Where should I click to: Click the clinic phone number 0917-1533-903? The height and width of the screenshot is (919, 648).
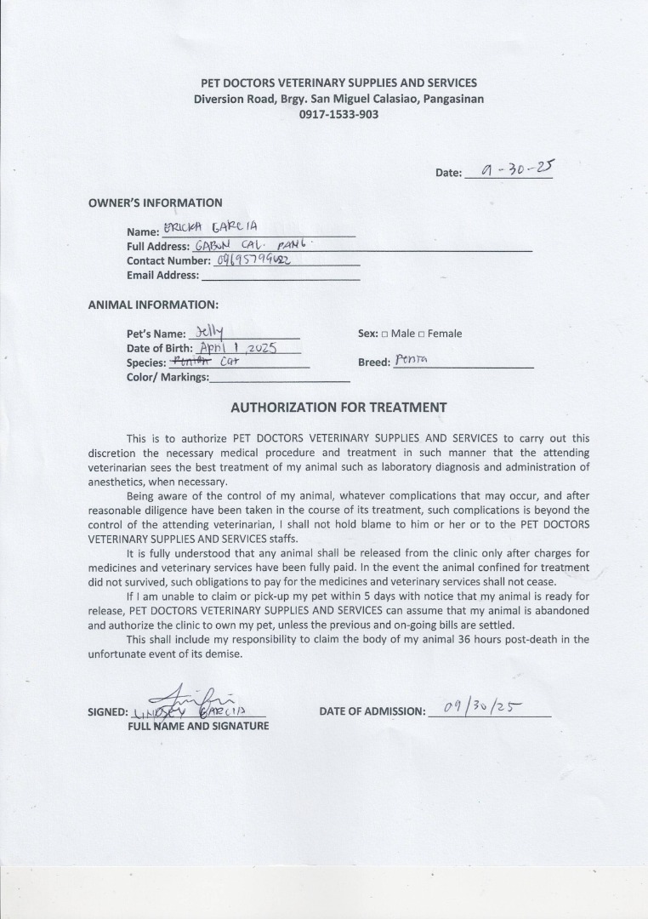(338, 114)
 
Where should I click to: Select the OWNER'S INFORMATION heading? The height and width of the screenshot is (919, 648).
(155, 203)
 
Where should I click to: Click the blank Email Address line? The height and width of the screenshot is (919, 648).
(280, 276)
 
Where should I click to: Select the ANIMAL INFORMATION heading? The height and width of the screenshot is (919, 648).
(153, 304)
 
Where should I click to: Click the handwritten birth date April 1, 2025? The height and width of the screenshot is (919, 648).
(233, 347)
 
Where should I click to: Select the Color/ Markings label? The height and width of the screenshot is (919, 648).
(168, 377)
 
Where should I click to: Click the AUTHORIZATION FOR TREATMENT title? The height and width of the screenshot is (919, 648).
(338, 407)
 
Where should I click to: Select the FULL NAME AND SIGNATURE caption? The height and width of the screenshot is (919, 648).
(198, 726)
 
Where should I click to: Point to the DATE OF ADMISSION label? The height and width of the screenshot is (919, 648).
(372, 711)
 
